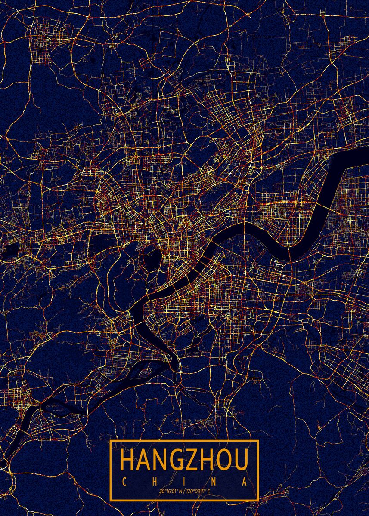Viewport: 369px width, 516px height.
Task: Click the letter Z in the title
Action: tap(191, 460)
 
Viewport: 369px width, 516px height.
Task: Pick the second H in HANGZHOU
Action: tap(206, 460)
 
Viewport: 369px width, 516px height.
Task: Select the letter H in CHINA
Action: tap(155, 481)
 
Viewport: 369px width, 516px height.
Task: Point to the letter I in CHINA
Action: tap(184, 481)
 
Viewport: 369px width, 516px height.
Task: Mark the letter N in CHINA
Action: tap(214, 481)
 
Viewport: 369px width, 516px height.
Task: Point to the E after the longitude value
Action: tap(209, 491)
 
